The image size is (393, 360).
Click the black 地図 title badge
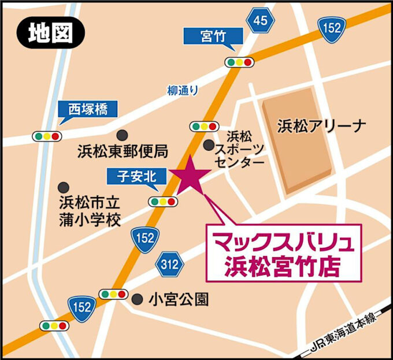coord(49,34)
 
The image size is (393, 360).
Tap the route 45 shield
coord(260,21)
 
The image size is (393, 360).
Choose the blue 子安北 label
coord(137,177)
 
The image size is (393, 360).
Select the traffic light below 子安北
coord(162,202)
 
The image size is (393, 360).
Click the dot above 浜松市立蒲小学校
coord(64,187)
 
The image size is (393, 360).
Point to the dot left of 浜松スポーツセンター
coord(209,145)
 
